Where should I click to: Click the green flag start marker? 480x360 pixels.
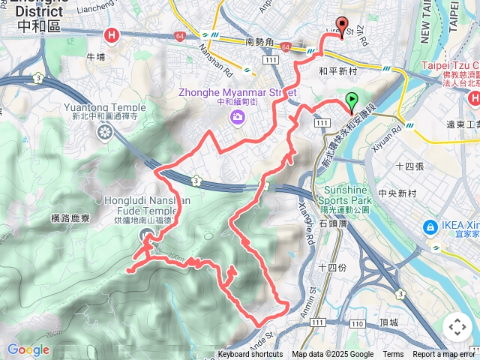point(352,100)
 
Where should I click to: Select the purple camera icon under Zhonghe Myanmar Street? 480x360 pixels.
point(238,116)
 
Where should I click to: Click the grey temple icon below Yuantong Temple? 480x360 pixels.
point(103,132)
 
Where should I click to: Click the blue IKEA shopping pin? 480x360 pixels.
point(430,226)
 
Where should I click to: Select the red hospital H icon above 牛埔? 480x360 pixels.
point(112,35)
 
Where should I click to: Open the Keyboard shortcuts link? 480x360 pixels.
point(250,355)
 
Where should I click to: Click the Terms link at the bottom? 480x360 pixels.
point(393,355)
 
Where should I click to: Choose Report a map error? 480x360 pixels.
point(444,355)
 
